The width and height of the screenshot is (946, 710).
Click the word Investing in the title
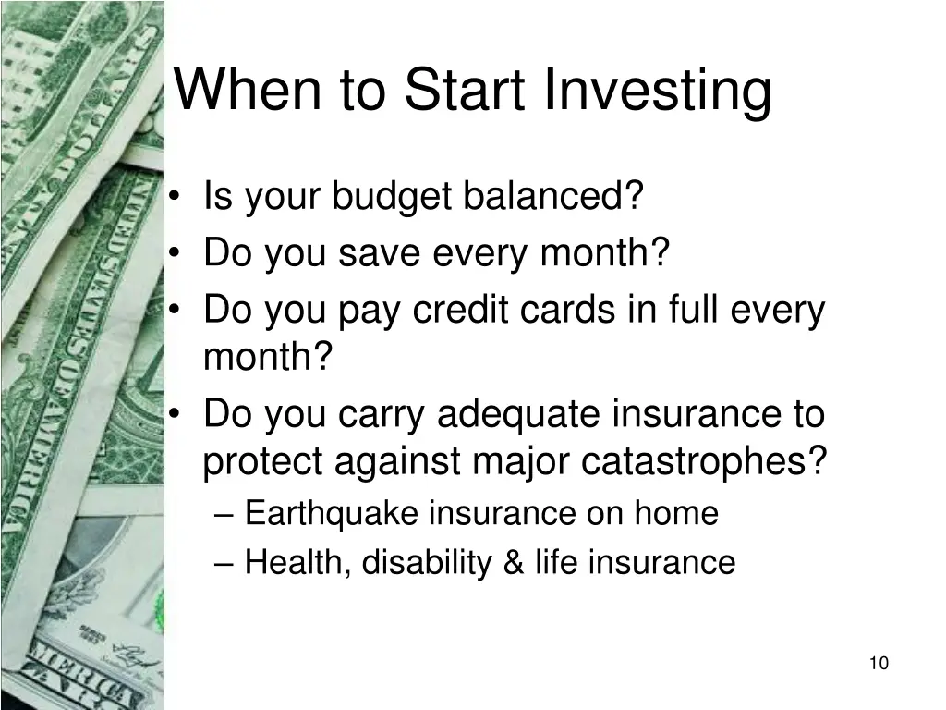point(658,90)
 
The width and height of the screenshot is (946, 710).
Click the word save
point(379,252)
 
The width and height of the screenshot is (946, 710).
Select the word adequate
point(519,415)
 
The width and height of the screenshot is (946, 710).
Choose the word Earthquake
point(332,514)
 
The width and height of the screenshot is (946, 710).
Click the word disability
point(427,563)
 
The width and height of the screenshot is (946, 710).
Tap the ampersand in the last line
point(514,563)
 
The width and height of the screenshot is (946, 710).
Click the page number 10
point(879,663)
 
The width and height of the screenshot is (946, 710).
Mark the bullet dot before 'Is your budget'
point(175,196)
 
